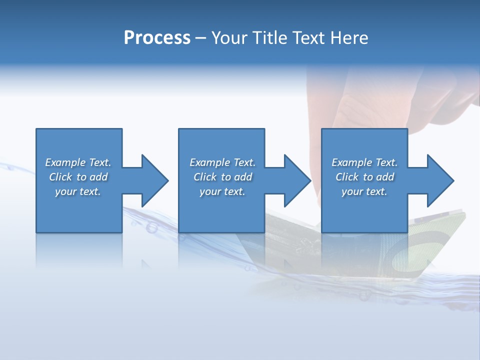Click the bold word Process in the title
(x=157, y=38)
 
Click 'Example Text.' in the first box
(x=78, y=162)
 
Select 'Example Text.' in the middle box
(x=222, y=162)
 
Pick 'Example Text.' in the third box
(x=364, y=162)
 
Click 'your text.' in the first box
(x=78, y=191)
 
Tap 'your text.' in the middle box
(x=222, y=191)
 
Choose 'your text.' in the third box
(x=364, y=191)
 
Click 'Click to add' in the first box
(x=78, y=177)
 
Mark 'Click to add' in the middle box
(x=222, y=177)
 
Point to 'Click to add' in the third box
(x=364, y=177)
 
